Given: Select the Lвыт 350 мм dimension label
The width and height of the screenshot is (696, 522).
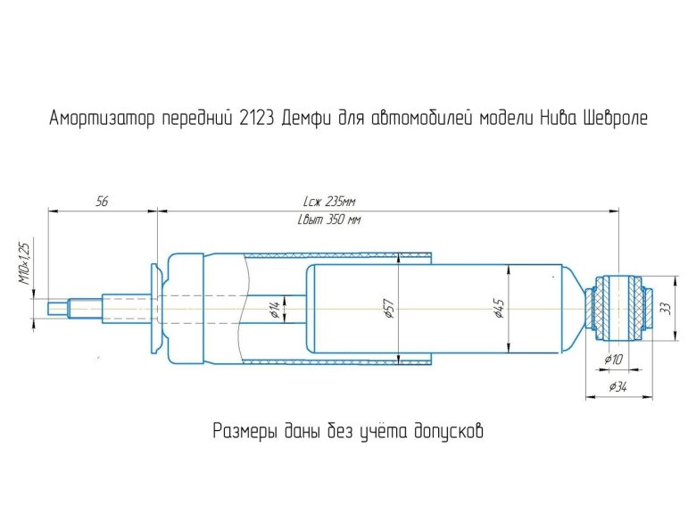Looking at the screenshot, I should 332,220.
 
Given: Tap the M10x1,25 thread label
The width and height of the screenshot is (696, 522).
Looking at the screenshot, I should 23,264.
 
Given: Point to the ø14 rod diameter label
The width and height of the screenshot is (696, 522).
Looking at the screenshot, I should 274,308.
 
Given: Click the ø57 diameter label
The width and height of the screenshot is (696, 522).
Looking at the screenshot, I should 390,308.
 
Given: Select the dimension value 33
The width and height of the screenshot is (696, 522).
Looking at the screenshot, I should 666,308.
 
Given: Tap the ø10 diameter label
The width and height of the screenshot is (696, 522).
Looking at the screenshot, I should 614,358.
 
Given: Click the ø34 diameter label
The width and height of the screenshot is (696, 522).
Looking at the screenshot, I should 617,386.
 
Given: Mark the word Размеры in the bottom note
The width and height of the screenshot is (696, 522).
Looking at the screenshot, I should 244,433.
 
